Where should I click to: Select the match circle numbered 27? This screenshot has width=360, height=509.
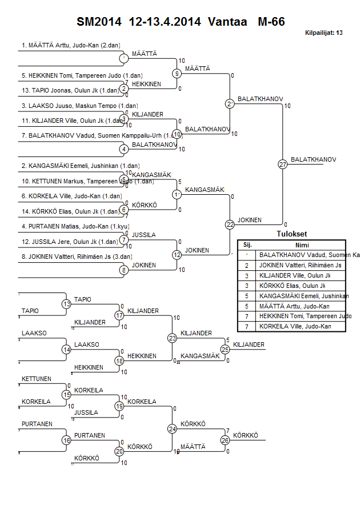point(282,165)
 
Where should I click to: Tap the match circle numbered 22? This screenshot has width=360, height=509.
point(230,225)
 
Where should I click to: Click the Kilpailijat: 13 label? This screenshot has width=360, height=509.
point(324,34)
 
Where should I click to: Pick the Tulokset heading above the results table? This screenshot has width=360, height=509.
point(292,234)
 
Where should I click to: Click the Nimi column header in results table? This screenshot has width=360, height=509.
point(302,244)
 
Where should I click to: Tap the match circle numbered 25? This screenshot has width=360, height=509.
point(225,348)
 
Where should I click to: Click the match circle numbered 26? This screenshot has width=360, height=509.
point(225,440)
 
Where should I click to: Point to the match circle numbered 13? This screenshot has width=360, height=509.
point(66,304)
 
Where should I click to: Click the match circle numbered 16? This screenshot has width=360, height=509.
point(66,440)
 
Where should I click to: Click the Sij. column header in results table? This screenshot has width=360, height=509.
point(247,244)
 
